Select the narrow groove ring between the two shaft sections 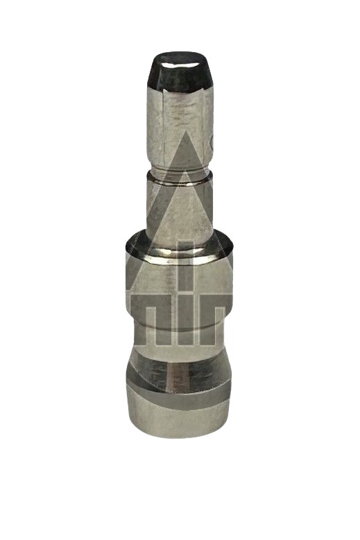pos(178,176)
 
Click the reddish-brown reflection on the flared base pos(171,378)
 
